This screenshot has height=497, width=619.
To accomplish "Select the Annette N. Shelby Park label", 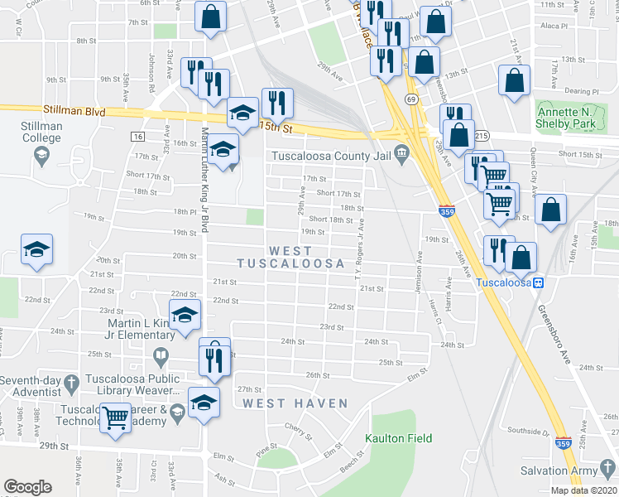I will pos(566,118).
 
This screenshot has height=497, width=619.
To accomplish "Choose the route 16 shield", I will pos(137,136).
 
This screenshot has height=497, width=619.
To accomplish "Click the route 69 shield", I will pos(410,99).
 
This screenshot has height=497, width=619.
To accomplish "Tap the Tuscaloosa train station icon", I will pos(538,282).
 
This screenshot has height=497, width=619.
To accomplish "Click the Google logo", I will pos(27,487).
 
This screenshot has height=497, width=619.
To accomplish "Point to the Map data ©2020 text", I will pos(583,490).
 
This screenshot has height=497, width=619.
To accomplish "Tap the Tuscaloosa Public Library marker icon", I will pos(161,357).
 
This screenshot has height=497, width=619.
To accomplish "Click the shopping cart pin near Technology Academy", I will pos(115,417).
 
